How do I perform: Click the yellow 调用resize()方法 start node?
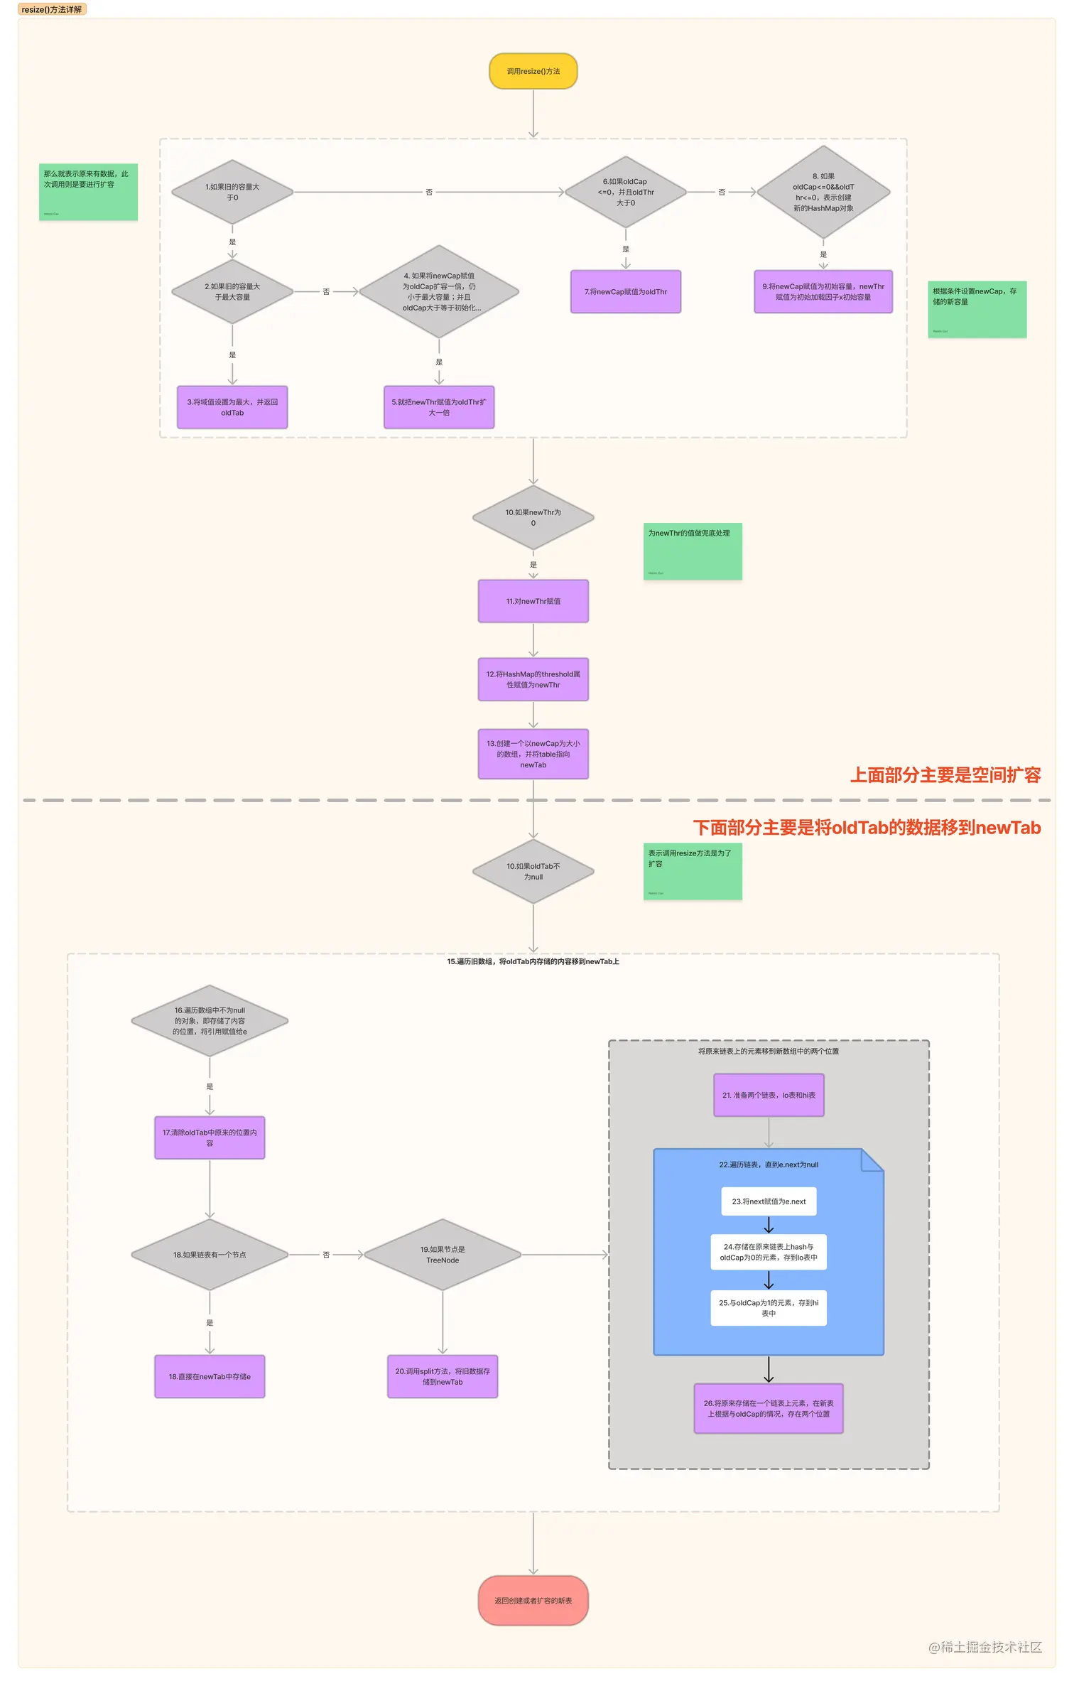(x=533, y=71)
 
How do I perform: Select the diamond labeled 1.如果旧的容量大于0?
(x=232, y=192)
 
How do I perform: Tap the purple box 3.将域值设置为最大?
(x=232, y=407)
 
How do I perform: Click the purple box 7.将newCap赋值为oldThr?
(x=625, y=291)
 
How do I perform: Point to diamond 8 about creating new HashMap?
(x=823, y=192)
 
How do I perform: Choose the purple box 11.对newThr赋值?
(x=533, y=601)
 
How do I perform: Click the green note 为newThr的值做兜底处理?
(x=693, y=551)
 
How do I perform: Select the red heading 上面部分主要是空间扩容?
(x=945, y=774)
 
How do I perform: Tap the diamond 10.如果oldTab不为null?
(x=533, y=871)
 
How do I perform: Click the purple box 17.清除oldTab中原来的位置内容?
(x=210, y=1137)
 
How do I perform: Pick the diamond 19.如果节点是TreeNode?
(x=443, y=1255)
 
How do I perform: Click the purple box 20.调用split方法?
(x=443, y=1376)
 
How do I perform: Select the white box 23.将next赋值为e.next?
(x=769, y=1201)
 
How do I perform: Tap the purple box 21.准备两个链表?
(x=769, y=1095)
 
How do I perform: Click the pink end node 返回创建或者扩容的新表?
(x=533, y=1601)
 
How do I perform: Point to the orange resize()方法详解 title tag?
(x=51, y=9)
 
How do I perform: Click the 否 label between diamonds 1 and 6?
(x=429, y=193)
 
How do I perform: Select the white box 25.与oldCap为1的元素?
(x=769, y=1308)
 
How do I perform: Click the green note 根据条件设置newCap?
(x=977, y=309)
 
